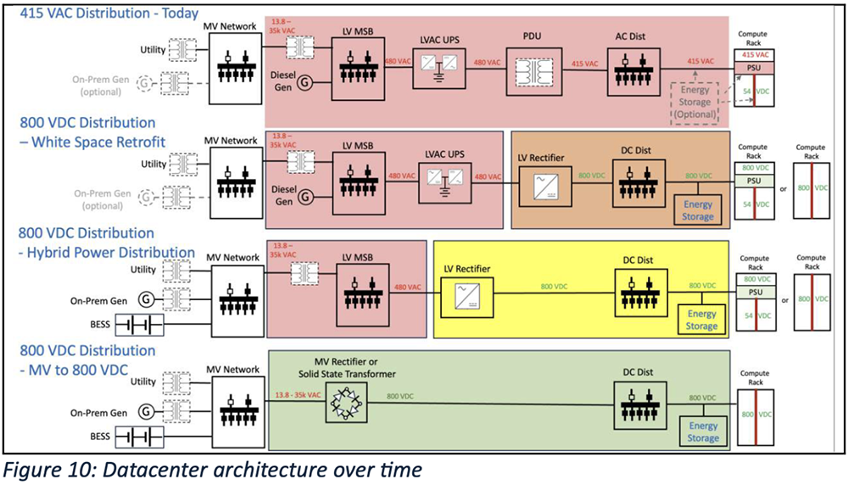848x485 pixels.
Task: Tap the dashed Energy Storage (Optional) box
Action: pos(695,102)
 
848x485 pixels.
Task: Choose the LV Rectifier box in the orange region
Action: pos(540,181)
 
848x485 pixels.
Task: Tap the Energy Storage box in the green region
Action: pos(703,432)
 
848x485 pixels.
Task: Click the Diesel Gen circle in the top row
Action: pos(304,82)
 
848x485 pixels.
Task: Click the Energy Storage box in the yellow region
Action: pos(701,320)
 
